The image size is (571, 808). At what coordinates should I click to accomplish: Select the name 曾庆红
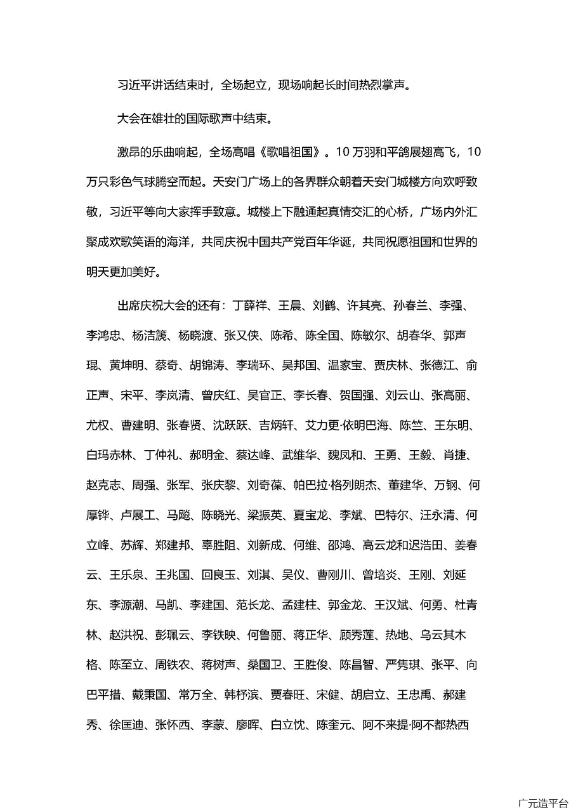click(x=220, y=395)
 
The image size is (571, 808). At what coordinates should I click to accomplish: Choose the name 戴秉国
click(x=150, y=695)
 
